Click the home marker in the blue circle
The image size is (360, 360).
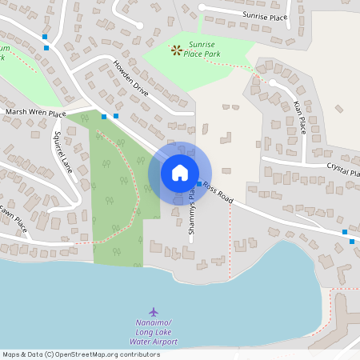click(x=180, y=173)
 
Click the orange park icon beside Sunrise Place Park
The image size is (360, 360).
click(x=176, y=50)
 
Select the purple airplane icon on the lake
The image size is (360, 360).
click(x=154, y=310)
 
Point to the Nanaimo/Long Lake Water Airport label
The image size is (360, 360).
click(x=154, y=332)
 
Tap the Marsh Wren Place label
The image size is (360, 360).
click(x=34, y=114)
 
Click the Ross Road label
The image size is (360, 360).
click(x=217, y=192)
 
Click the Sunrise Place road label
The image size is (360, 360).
click(x=265, y=15)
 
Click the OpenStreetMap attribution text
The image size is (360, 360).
click(x=80, y=354)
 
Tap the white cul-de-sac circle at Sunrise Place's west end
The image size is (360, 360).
click(x=201, y=7)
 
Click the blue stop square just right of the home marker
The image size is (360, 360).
click(x=199, y=183)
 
